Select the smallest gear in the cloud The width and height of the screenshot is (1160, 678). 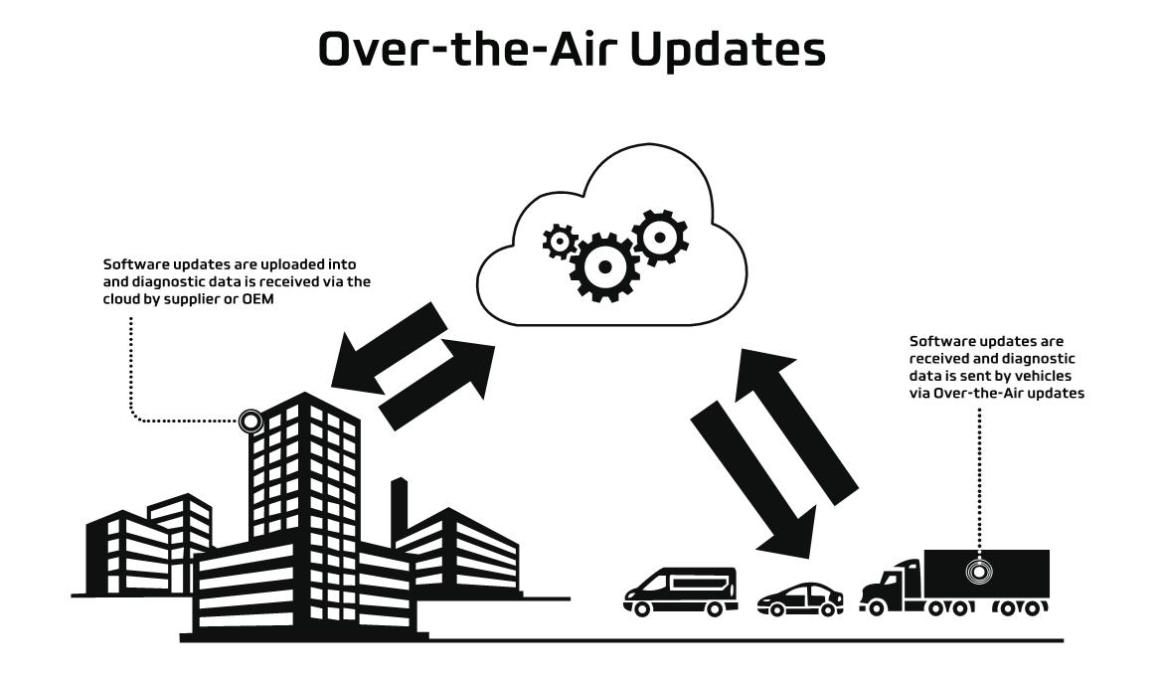pos(560,241)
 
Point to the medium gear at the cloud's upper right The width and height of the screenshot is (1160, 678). pos(658,236)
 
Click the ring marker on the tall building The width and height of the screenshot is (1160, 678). pos(251,422)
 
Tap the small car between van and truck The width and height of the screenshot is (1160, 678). pos(799,598)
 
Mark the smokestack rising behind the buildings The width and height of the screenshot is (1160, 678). pos(399,502)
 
